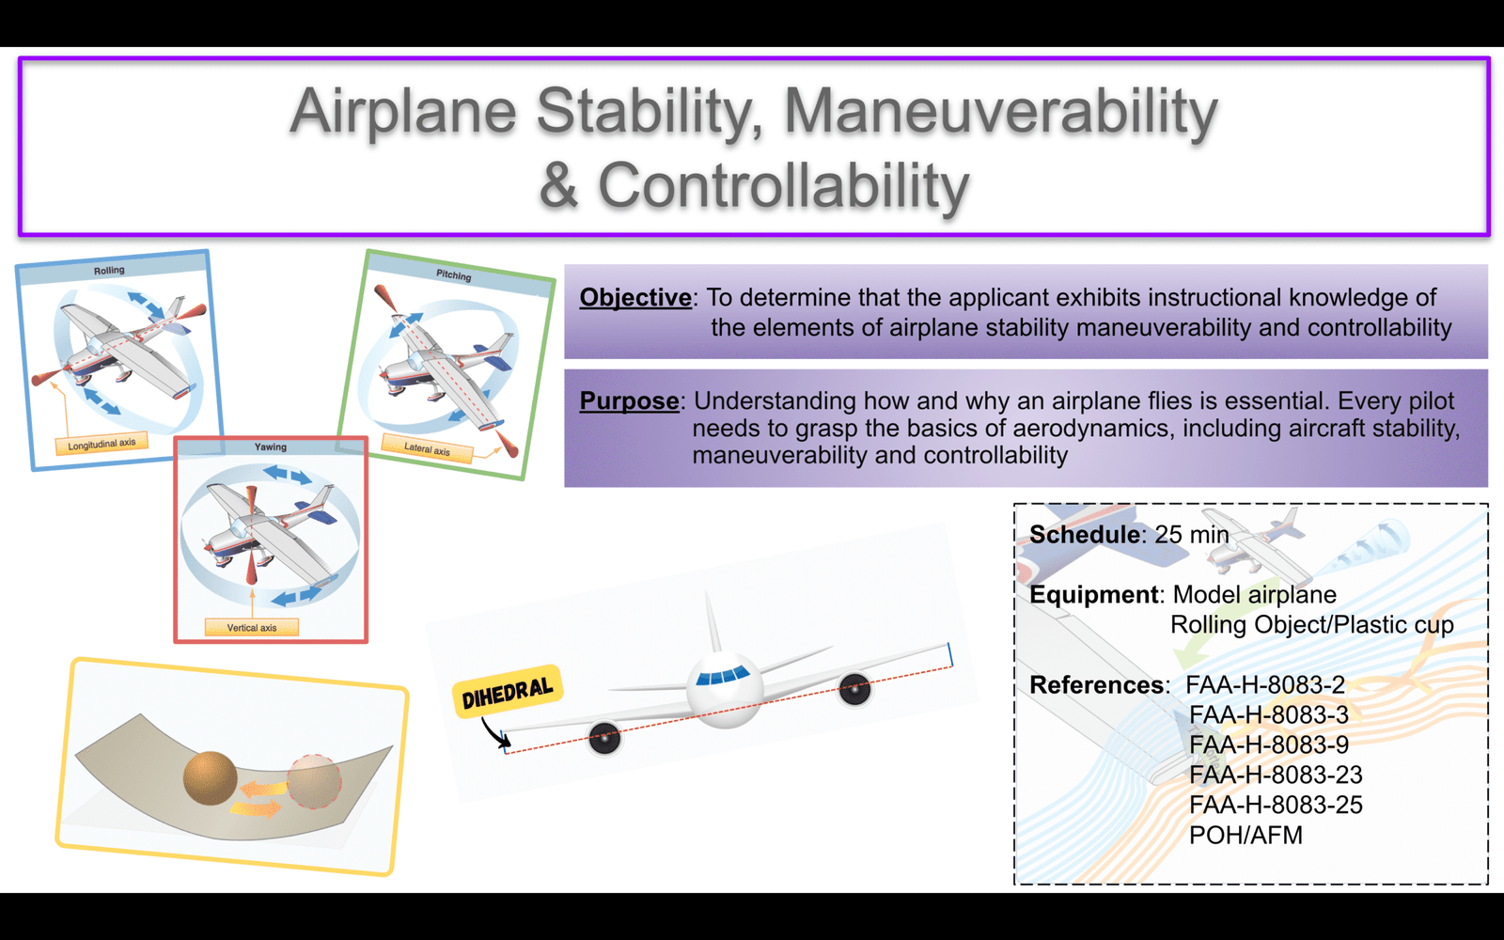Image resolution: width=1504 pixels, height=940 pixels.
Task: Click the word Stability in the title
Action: pos(650,113)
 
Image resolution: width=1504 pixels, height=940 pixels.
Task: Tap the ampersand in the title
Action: pos(558,185)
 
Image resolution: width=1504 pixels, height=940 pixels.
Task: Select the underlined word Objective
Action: pos(635,297)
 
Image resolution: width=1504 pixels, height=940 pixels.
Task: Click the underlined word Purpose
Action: pos(629,400)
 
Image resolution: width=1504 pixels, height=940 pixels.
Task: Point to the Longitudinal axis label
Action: pos(102,444)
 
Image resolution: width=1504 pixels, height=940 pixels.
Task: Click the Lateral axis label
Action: pos(427,448)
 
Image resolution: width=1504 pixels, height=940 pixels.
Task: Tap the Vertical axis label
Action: pos(252,628)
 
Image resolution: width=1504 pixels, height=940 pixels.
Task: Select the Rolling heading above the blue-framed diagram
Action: pos(109,271)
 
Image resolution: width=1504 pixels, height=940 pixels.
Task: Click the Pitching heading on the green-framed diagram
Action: pos(454,275)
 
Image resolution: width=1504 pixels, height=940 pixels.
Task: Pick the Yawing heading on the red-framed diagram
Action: pos(271,447)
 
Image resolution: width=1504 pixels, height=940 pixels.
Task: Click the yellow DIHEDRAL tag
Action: pos(508,692)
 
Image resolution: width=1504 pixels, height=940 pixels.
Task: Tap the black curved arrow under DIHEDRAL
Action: pos(495,732)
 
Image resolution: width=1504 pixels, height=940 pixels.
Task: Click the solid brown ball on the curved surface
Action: pos(211,778)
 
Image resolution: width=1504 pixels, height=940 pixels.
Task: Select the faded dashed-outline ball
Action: pos(314,781)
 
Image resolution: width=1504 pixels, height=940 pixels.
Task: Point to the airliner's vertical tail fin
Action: pos(712,621)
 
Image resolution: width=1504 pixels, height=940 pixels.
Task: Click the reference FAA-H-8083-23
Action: pos(1276,775)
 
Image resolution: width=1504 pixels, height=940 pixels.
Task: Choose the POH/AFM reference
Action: pos(1245,836)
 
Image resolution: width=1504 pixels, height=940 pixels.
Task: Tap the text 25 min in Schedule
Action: pos(1192,535)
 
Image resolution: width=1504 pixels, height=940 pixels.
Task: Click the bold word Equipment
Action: pos(1094,595)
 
